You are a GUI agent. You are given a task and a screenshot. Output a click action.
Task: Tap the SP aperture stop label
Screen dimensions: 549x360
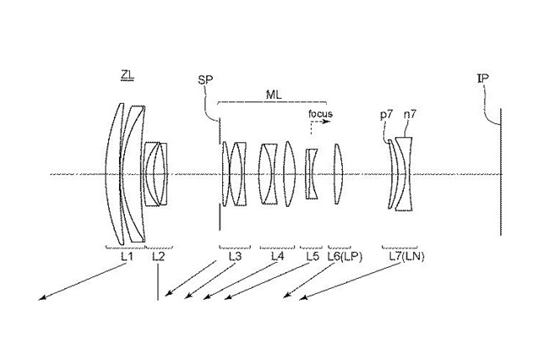205,80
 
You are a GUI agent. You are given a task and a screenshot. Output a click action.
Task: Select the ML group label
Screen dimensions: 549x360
274,95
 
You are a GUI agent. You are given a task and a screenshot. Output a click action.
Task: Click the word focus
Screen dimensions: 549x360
320,114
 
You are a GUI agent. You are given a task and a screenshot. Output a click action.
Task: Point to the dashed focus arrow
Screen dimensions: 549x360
319,122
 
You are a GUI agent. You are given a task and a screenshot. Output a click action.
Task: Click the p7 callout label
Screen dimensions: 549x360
387,115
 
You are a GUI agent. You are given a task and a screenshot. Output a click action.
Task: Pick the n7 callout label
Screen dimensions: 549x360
410,114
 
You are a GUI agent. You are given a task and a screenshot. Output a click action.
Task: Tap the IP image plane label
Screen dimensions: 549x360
483,79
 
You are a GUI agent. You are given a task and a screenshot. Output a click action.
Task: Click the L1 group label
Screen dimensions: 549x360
127,257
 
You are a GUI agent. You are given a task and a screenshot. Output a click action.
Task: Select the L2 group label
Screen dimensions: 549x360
158,257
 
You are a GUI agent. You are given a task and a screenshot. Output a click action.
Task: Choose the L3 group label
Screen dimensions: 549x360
235,257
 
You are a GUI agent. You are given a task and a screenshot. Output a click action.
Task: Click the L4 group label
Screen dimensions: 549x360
277,257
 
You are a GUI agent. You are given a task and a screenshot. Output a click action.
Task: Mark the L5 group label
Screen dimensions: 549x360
313,257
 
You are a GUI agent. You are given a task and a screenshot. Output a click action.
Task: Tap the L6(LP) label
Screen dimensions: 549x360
345,257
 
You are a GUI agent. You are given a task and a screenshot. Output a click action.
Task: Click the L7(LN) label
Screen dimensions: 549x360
407,257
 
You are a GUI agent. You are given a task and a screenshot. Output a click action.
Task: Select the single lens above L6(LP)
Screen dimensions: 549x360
338,174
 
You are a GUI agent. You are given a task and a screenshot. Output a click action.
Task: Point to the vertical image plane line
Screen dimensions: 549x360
501,172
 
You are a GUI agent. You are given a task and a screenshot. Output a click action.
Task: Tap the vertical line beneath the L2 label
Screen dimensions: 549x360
158,281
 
